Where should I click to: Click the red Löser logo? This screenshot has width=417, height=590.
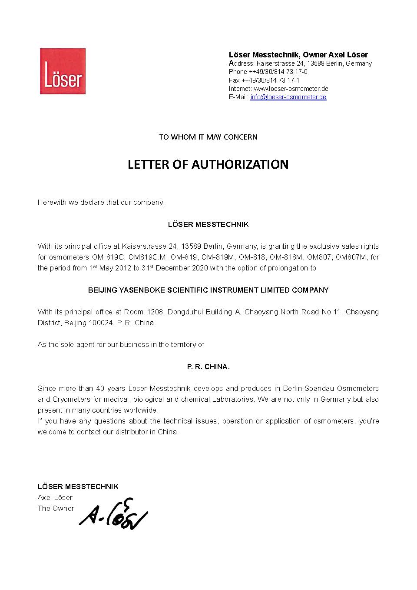pyautogui.click(x=63, y=71)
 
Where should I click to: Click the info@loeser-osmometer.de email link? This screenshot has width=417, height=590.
pyautogui.click(x=288, y=97)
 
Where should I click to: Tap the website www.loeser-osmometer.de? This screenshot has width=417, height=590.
pyautogui.click(x=291, y=89)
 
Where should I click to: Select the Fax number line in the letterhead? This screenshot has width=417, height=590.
pyautogui.click(x=264, y=80)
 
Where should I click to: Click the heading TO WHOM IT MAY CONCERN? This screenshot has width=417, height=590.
pyautogui.click(x=208, y=137)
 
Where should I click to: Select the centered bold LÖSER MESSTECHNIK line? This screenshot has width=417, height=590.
pyautogui.click(x=208, y=224)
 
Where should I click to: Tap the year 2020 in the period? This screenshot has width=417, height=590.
pyautogui.click(x=199, y=268)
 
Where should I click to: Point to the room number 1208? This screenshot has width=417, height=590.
pyautogui.click(x=155, y=312)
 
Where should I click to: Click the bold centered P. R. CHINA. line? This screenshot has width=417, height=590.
pyautogui.click(x=208, y=367)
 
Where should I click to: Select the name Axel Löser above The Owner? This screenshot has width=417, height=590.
pyautogui.click(x=55, y=497)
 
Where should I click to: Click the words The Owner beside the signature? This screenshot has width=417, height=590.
pyautogui.click(x=56, y=508)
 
